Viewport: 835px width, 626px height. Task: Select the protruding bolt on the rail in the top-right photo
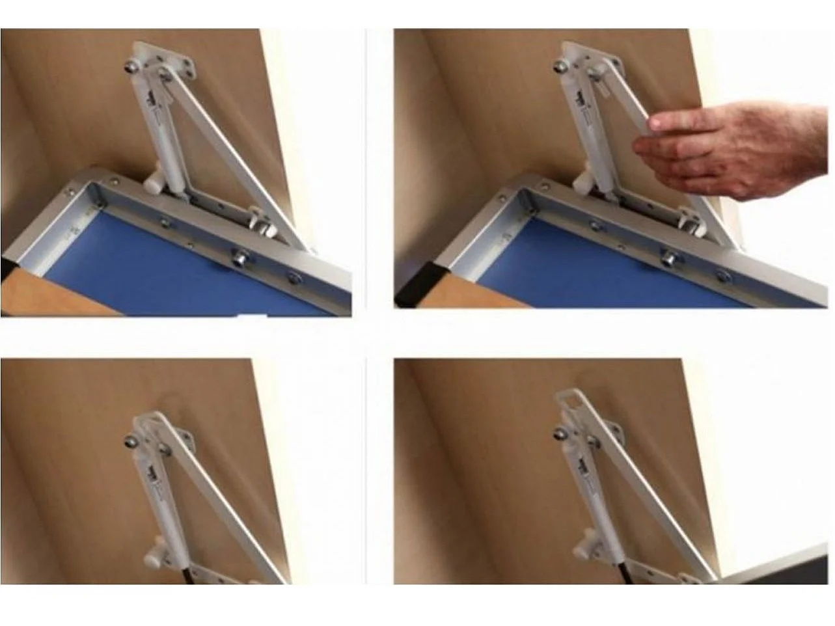(x=669, y=257)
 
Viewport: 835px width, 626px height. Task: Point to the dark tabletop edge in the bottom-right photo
(x=774, y=566)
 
